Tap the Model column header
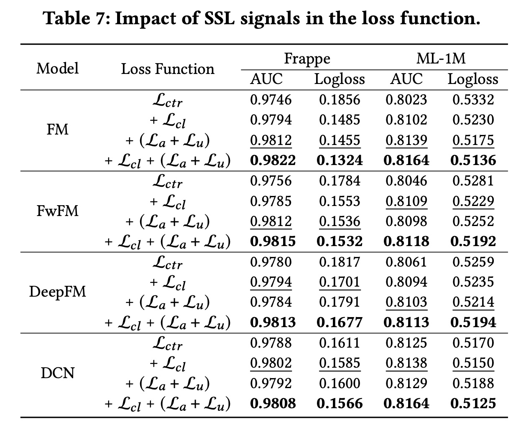click(x=57, y=68)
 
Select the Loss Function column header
click(x=167, y=69)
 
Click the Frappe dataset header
click(x=307, y=58)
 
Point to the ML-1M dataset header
click(x=441, y=58)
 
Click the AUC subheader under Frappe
click(x=266, y=79)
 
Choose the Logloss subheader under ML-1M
click(x=473, y=79)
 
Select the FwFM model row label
click(x=57, y=211)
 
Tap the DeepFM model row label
click(x=57, y=292)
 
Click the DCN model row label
click(x=57, y=373)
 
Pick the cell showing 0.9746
click(x=271, y=99)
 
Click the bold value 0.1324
click(x=340, y=160)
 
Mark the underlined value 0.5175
click(x=473, y=140)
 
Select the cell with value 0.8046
click(x=406, y=180)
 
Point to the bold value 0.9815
click(x=273, y=241)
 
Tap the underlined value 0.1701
click(x=340, y=282)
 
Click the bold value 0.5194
click(x=473, y=322)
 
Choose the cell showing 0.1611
click(x=340, y=343)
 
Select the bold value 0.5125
click(x=473, y=403)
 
